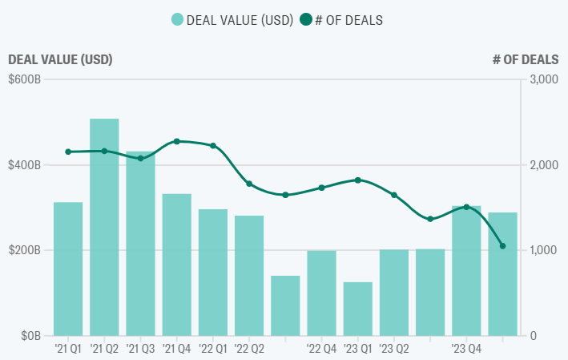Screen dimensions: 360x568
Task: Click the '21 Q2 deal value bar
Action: (x=104, y=227)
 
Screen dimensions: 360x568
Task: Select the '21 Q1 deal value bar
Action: (x=68, y=269)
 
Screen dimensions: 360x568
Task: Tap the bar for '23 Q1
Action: (x=358, y=309)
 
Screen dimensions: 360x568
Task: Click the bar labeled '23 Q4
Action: (x=466, y=271)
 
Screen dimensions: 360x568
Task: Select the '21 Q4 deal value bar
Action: (x=177, y=265)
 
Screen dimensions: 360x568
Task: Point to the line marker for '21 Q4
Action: (x=177, y=141)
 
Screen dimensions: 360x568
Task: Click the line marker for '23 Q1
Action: (x=358, y=180)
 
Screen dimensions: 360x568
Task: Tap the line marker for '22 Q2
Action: (x=249, y=184)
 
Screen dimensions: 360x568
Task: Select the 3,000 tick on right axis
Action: (x=543, y=79)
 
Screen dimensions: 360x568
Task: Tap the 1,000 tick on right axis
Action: (x=543, y=250)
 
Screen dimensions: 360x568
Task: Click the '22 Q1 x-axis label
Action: (x=212, y=349)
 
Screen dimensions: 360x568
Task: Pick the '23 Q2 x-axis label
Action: (x=394, y=349)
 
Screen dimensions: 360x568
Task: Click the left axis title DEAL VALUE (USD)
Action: (x=60, y=59)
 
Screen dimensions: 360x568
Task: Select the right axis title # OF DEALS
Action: (x=525, y=59)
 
